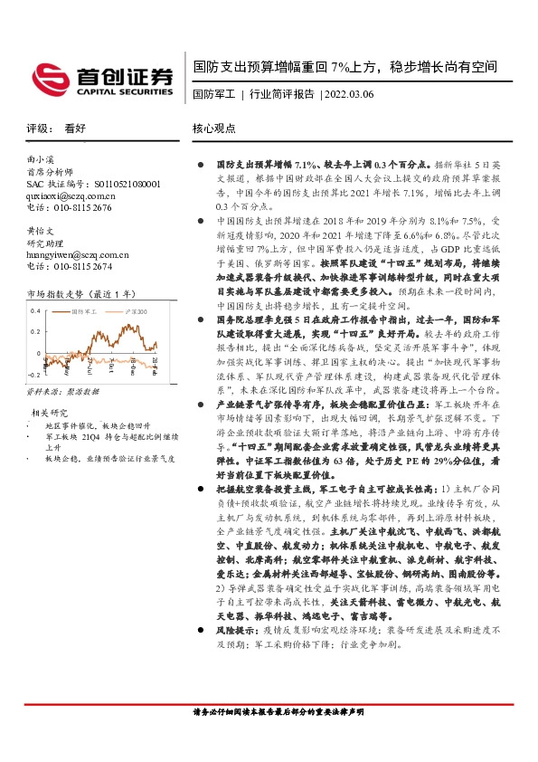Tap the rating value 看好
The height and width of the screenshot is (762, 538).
pyautogui.click(x=76, y=129)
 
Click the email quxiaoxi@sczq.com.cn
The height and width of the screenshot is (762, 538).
pyautogui.click(x=71, y=195)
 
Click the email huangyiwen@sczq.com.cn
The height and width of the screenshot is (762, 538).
pyautogui.click(x=78, y=255)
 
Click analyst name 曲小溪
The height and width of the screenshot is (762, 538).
pyautogui.click(x=42, y=159)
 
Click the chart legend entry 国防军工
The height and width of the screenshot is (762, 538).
pyautogui.click(x=87, y=310)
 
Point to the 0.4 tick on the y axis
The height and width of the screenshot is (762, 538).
pyautogui.click(x=35, y=310)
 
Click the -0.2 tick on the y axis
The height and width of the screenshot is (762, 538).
pyautogui.click(x=33, y=374)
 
